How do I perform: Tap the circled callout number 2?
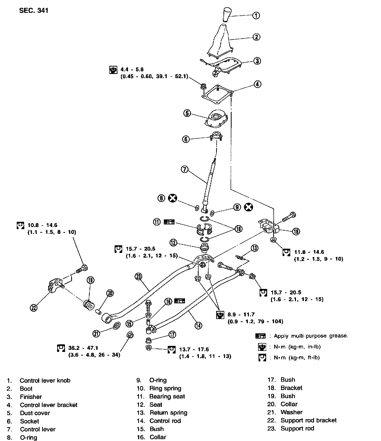256,37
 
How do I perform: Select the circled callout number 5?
187,113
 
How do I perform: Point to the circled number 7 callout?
184,170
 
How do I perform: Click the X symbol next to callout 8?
172,198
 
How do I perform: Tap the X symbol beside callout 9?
248,207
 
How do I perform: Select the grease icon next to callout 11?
169,222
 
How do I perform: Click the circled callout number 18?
296,231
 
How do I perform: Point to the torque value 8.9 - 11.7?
241,315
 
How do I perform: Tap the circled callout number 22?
34,308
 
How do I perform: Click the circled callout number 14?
198,325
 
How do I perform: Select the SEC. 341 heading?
34,11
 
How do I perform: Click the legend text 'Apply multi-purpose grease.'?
311,336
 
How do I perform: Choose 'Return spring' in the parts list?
168,413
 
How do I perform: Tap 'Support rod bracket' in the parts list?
308,420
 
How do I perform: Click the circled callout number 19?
91,280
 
